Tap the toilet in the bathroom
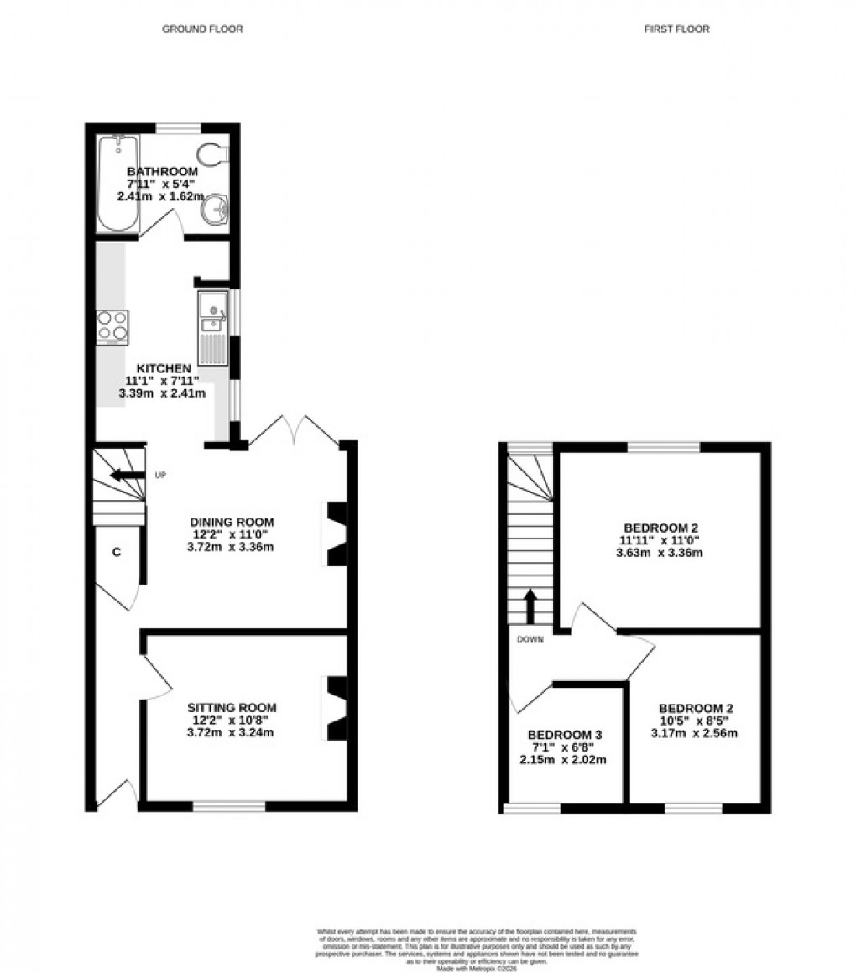[213, 154]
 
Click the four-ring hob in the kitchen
[112, 326]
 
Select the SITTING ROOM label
[232, 707]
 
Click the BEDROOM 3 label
[565, 734]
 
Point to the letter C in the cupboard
[117, 552]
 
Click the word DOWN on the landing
[530, 639]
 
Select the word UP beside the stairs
[161, 476]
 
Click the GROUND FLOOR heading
[202, 29]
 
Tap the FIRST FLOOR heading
[676, 29]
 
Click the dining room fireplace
[336, 534]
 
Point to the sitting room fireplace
[336, 709]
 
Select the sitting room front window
[229, 806]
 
